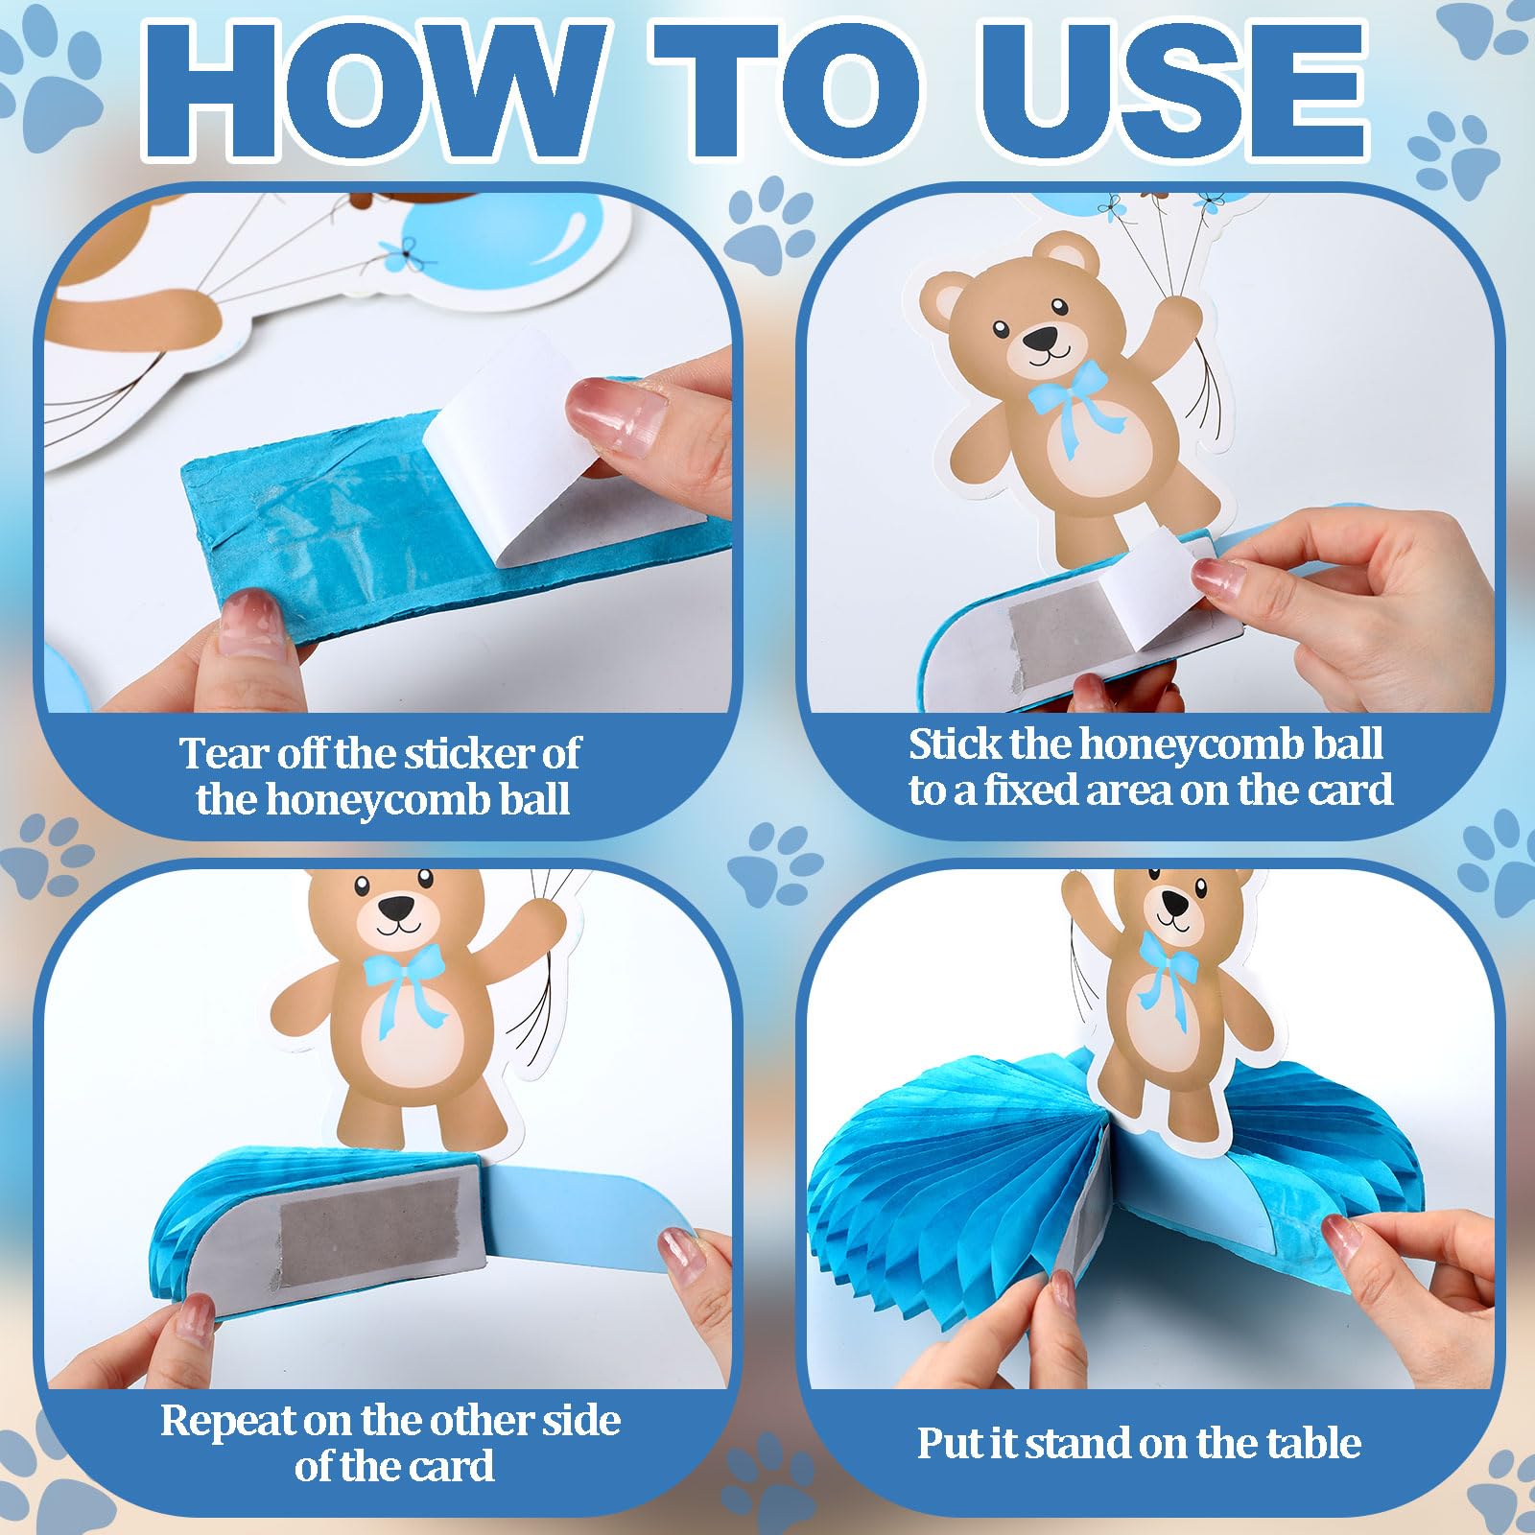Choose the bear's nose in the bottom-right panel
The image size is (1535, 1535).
coord(1175,901)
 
